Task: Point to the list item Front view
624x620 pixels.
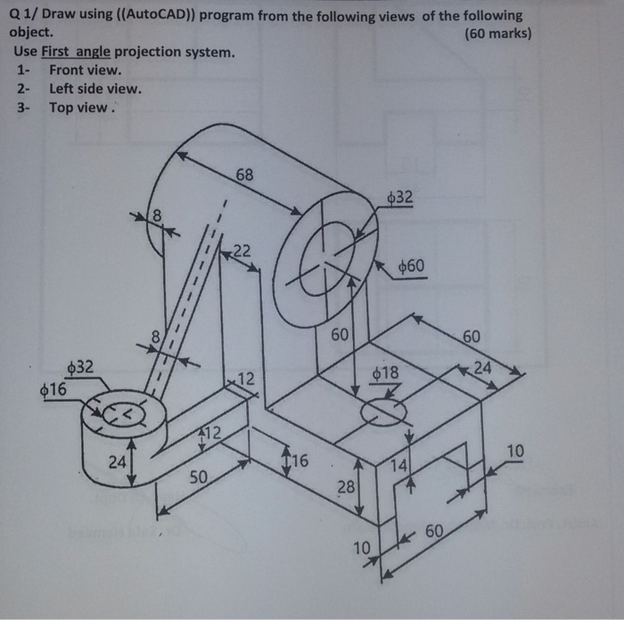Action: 86,69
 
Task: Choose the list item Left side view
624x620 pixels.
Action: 95,88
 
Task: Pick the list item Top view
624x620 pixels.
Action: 82,107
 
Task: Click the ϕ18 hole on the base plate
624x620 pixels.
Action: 383,411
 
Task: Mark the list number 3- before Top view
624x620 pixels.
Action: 24,107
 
